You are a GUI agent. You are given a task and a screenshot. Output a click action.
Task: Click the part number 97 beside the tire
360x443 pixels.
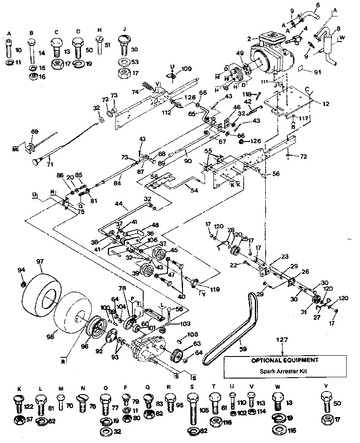coord(40,262)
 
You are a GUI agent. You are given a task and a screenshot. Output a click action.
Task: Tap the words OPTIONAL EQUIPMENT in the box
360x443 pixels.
coord(285,360)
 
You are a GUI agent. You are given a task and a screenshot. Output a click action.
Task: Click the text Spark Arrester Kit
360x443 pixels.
coord(285,371)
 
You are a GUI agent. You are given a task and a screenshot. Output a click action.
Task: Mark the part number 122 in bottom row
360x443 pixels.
coord(29,406)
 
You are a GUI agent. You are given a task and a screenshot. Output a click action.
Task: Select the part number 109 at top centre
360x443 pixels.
coord(186,68)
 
